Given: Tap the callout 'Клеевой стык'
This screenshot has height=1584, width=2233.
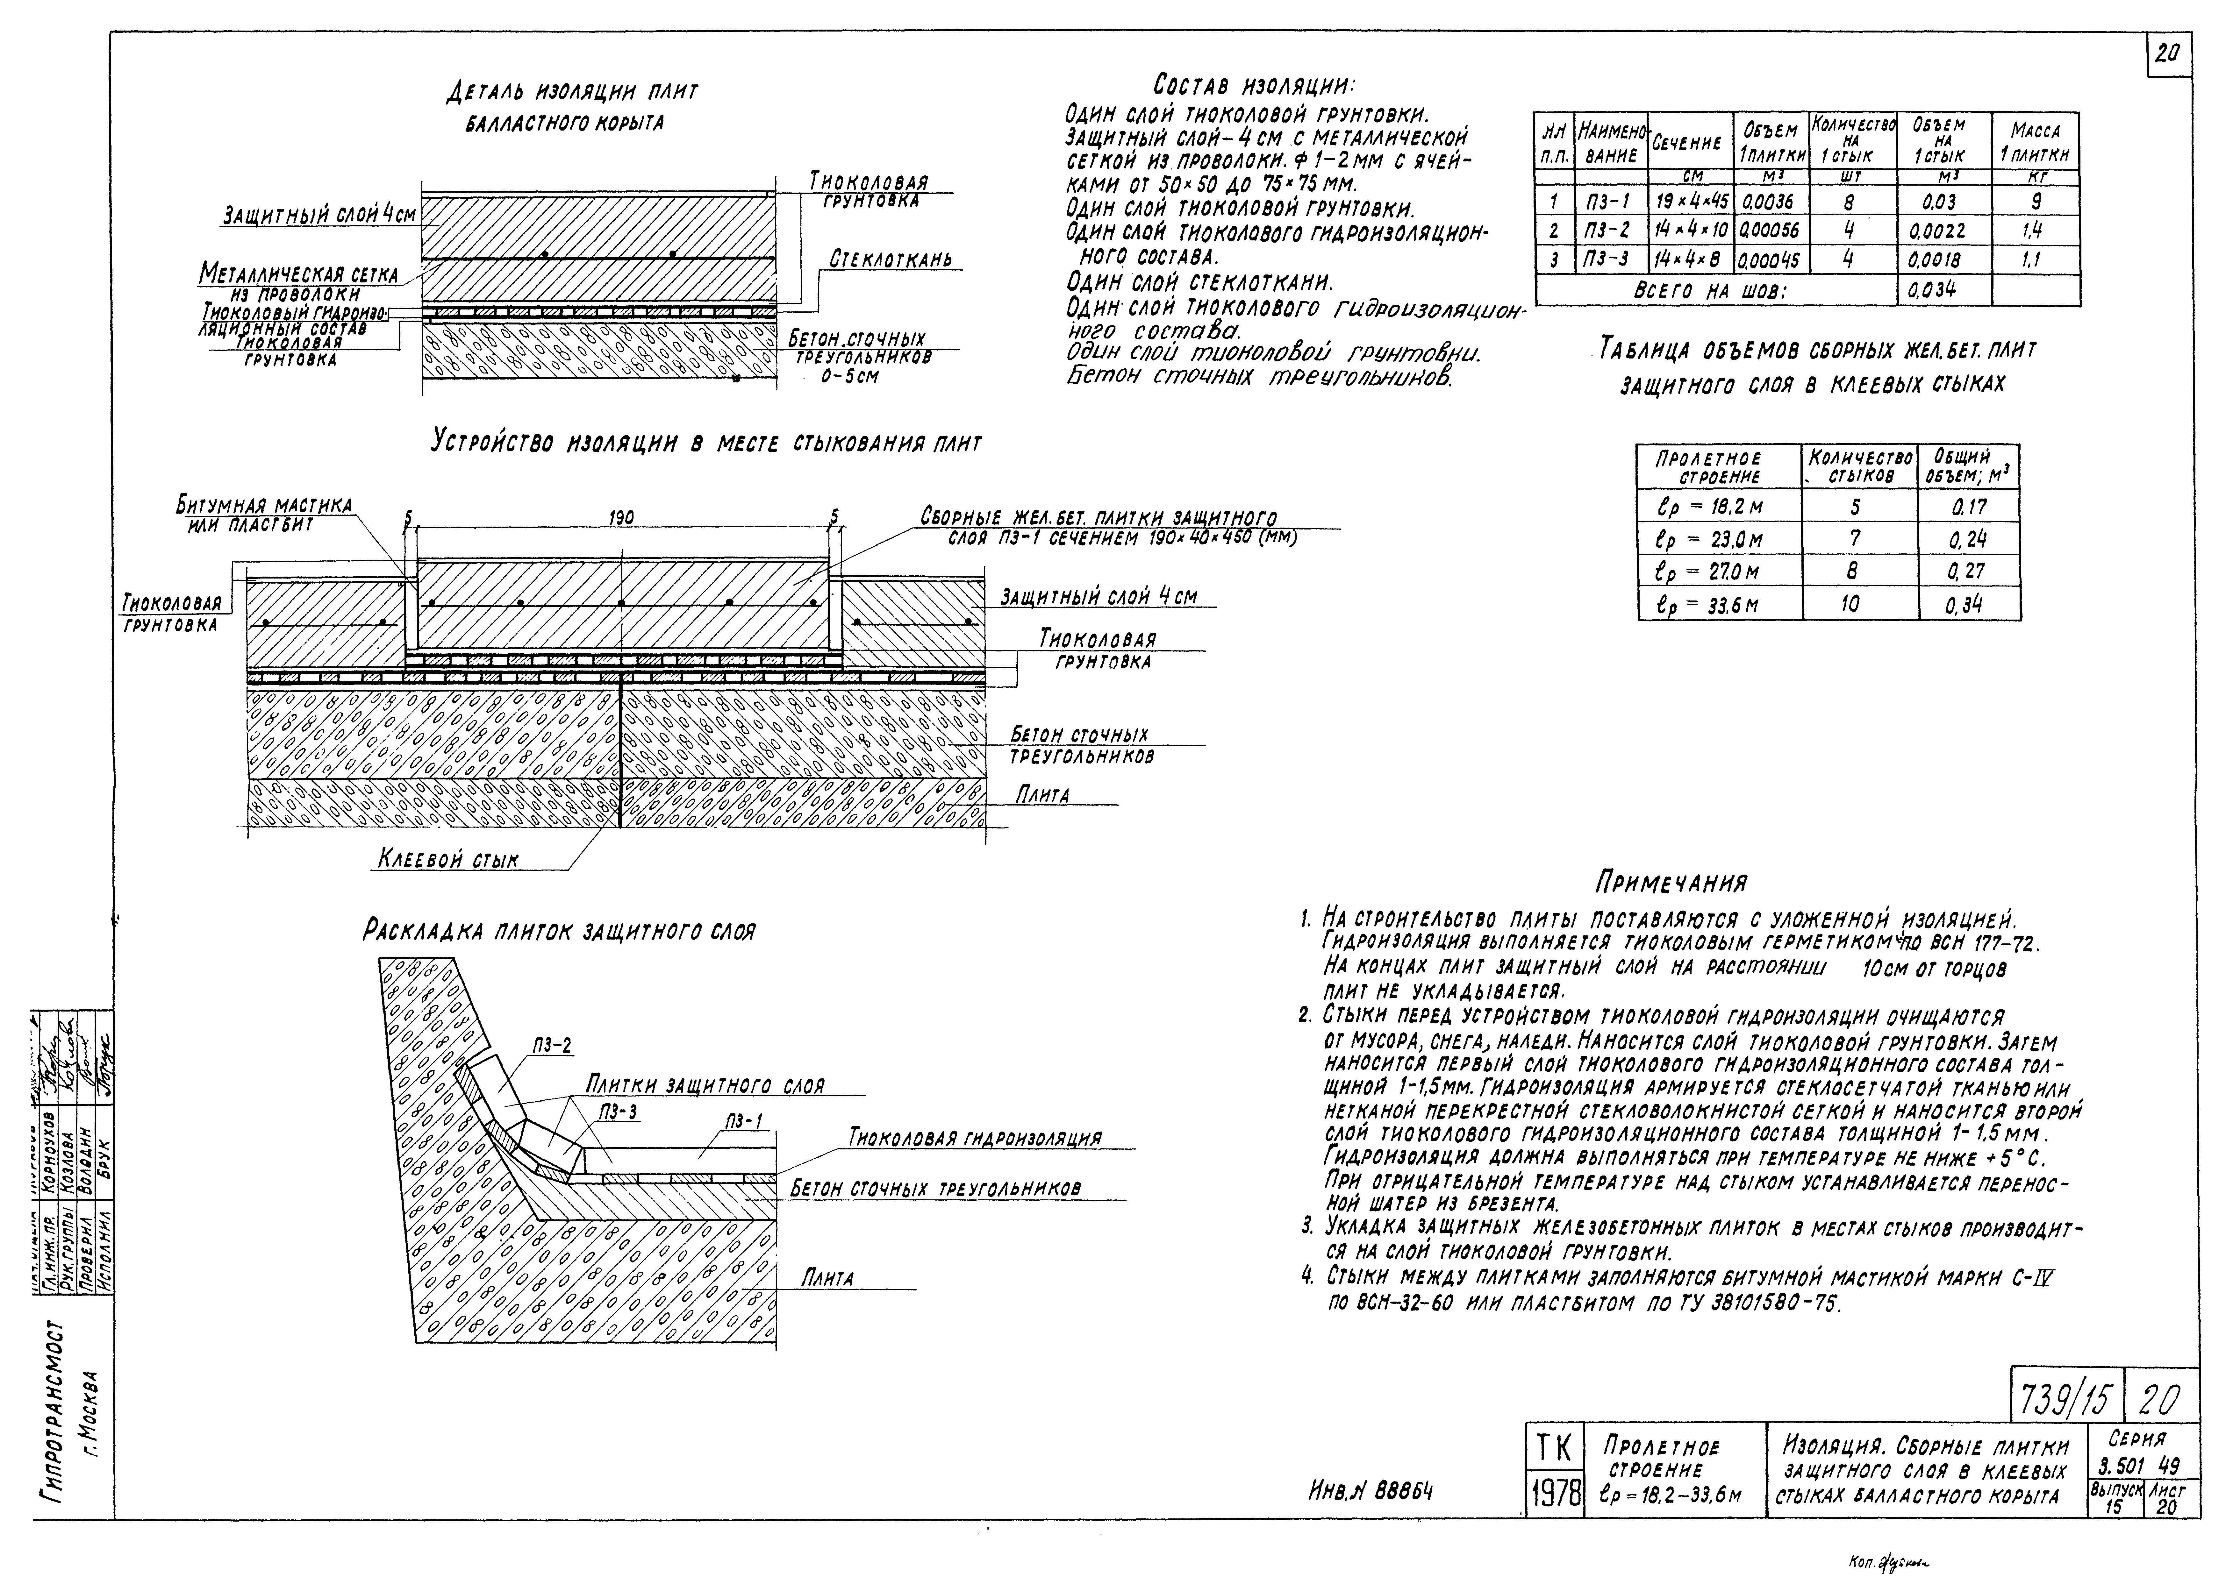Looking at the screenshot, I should [x=448, y=859].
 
